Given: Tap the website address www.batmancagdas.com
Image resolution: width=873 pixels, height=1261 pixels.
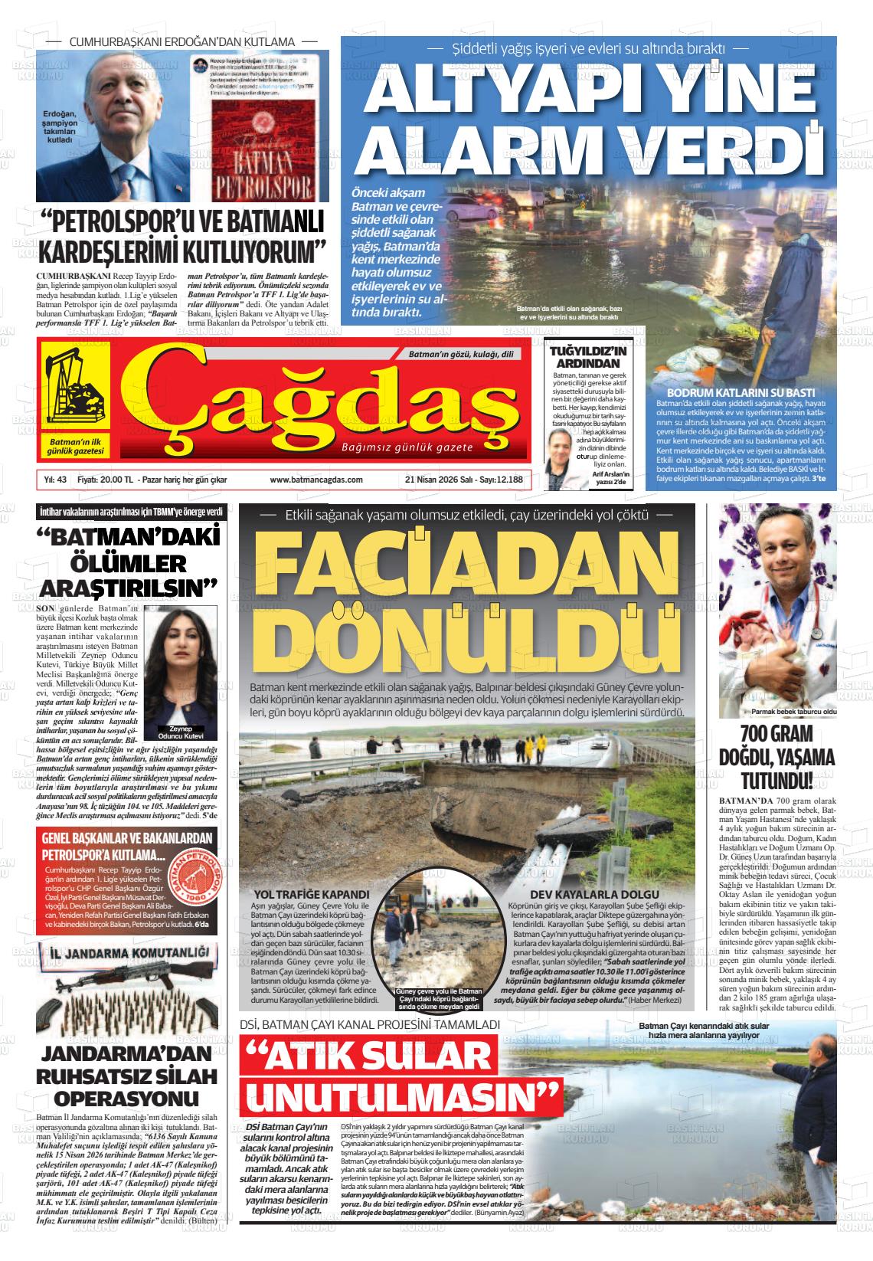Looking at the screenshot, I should [x=316, y=480].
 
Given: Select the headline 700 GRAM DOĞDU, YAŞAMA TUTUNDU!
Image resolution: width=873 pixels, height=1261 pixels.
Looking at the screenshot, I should [x=777, y=757].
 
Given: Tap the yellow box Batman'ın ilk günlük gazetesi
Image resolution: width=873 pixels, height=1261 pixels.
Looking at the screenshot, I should [x=75, y=447].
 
